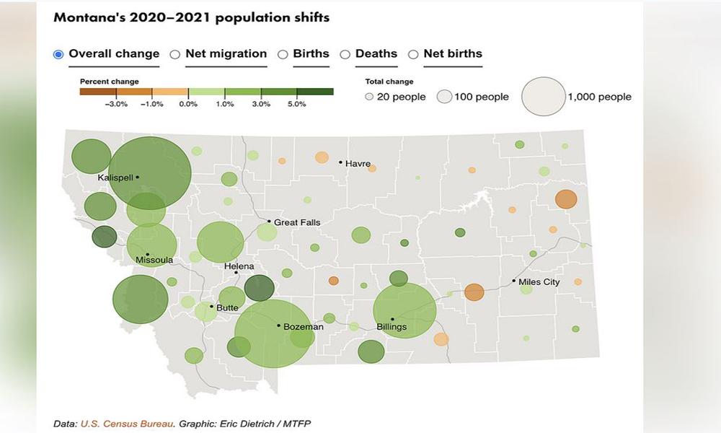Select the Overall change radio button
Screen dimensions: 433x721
pos(58,54)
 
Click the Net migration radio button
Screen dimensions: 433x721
pos(174,54)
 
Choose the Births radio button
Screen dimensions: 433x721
pos(283,54)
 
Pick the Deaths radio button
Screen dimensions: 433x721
pos(345,54)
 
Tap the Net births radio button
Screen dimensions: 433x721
pos(413,54)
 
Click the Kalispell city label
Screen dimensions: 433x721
pos(115,178)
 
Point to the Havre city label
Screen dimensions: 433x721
pos(358,164)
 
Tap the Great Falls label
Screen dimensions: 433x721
pos(297,222)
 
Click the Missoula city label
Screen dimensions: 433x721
pos(154,260)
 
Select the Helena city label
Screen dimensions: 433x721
pos(239,266)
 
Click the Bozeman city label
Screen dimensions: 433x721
pos(303,327)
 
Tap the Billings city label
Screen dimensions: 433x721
pos(392,327)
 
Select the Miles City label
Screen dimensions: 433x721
pos(540,282)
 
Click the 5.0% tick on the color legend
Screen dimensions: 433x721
pos(297,105)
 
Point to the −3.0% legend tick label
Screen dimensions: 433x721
pos(116,105)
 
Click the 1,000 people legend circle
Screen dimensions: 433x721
pos(543,97)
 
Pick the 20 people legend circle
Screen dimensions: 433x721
pos(369,97)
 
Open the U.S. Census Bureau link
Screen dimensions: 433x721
pos(127,423)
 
